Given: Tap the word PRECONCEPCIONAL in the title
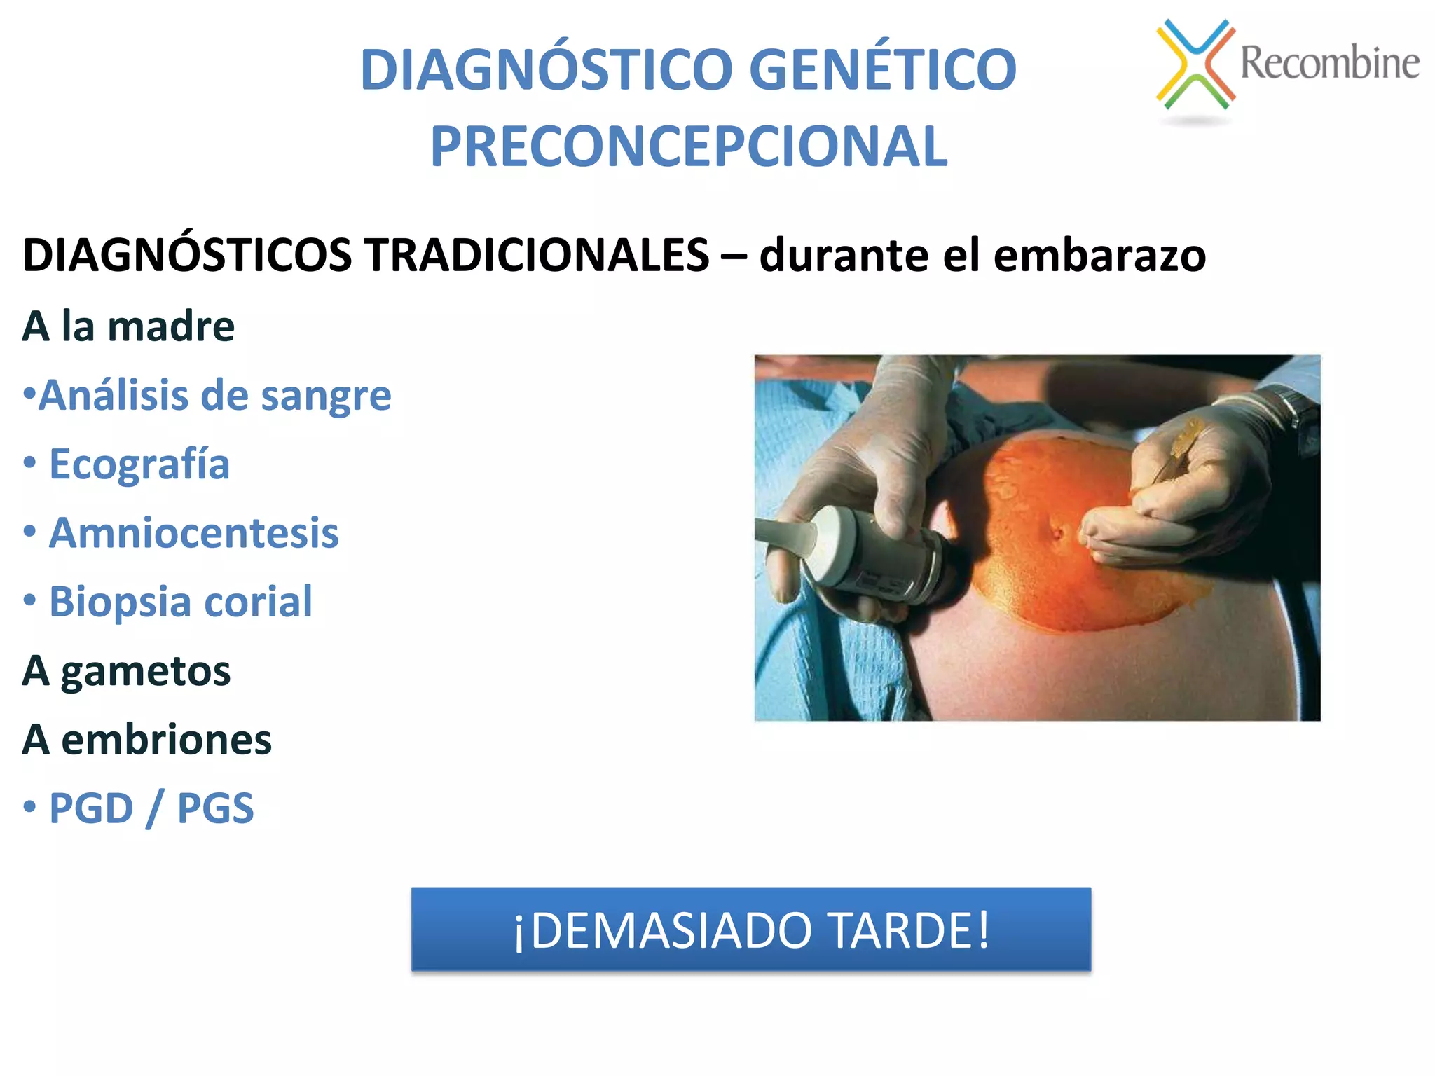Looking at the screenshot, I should (689, 147).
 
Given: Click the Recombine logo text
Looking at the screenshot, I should (1329, 63).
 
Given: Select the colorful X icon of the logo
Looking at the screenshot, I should (1195, 64).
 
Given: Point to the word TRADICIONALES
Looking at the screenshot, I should (537, 254).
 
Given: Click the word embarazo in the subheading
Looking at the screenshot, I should (1099, 256).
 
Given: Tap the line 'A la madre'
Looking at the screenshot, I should (128, 326).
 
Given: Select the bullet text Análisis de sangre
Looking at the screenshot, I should (214, 396).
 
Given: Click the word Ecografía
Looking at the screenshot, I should (139, 464).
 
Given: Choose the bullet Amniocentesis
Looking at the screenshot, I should (193, 533).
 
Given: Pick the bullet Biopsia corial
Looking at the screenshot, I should (180, 602).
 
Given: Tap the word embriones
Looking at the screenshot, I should (166, 740).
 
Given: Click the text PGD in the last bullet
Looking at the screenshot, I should (91, 808).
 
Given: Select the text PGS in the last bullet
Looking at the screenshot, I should (215, 808).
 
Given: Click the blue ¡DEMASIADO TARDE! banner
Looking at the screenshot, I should (750, 930).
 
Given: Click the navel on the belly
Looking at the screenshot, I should (1057, 534).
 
